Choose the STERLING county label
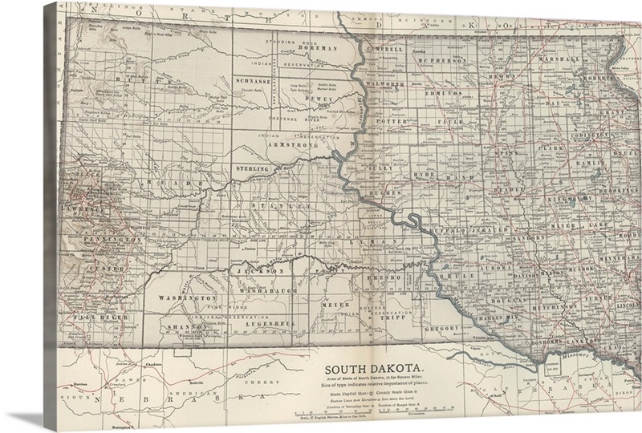256,169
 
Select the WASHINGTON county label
184,298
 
